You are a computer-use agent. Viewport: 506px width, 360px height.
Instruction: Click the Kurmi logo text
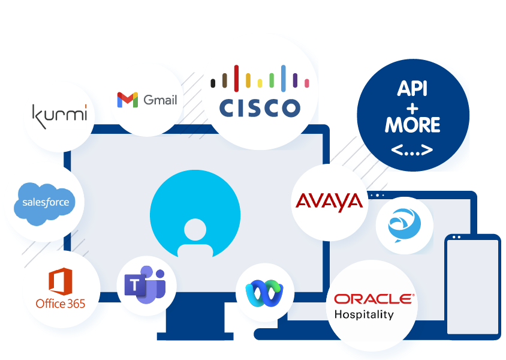(x=59, y=114)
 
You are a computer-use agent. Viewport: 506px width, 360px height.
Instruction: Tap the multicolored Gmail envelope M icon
(x=128, y=100)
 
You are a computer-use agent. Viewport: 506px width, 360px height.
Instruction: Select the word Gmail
(x=160, y=100)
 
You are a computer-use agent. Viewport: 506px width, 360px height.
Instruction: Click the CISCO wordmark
(x=259, y=108)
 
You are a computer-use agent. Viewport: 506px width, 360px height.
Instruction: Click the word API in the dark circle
(x=412, y=89)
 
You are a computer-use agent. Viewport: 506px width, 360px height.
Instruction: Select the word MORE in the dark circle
(x=412, y=125)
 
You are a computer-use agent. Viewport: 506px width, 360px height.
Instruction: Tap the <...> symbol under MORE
(x=412, y=149)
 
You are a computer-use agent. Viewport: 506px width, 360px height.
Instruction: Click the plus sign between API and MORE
(x=412, y=107)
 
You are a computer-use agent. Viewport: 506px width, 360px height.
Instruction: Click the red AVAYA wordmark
(x=329, y=202)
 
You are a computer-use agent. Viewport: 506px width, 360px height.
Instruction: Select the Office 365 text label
(x=60, y=304)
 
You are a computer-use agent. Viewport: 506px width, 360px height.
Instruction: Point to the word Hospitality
(x=364, y=314)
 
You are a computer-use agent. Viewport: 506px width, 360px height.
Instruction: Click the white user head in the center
(x=195, y=229)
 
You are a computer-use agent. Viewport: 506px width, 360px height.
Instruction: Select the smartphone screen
(x=472, y=285)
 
